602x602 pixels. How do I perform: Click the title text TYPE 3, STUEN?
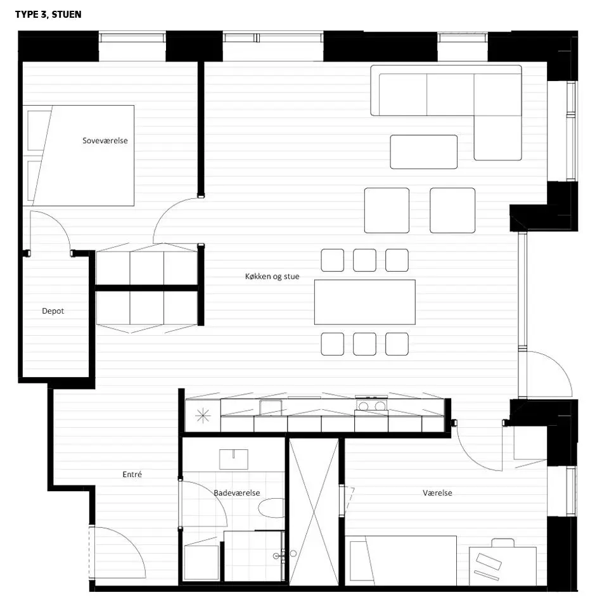pos(48,15)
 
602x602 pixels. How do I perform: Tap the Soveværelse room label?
pos(105,141)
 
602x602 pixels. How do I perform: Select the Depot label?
pos(53,311)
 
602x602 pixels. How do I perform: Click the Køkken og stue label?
pos(272,276)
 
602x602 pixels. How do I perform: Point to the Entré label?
pos(132,475)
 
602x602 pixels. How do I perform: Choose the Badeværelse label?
pos(237,493)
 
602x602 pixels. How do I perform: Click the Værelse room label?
pos(437,493)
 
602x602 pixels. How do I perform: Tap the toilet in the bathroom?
pos(271,508)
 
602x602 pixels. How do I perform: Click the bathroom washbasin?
pos(234,459)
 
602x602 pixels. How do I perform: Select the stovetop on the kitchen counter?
pos(371,406)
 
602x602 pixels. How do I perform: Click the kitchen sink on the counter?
pos(271,407)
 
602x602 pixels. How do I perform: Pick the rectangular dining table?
pos(365,302)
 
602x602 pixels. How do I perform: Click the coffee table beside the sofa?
pos(424,152)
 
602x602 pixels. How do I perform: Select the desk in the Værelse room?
pos(503,567)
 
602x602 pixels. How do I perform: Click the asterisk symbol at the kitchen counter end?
pos(203,416)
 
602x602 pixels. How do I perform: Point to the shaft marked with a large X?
pos(314,512)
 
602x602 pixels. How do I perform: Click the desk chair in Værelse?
pos(503,542)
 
